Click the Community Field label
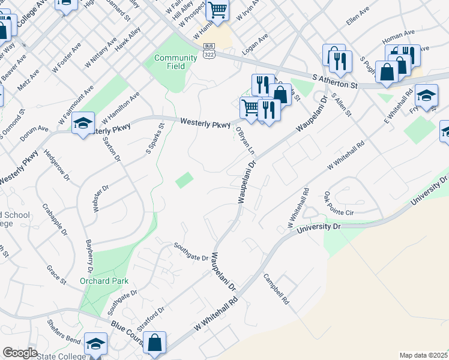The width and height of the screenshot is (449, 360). click(x=175, y=62)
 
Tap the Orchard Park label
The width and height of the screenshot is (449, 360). click(x=104, y=281)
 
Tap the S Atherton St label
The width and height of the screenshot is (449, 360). click(x=335, y=81)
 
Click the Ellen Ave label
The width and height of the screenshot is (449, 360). click(x=358, y=17)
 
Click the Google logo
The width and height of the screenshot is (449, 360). click(x=20, y=353)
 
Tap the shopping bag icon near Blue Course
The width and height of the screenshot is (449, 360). click(x=155, y=343)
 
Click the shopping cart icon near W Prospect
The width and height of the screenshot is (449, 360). click(x=217, y=10)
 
